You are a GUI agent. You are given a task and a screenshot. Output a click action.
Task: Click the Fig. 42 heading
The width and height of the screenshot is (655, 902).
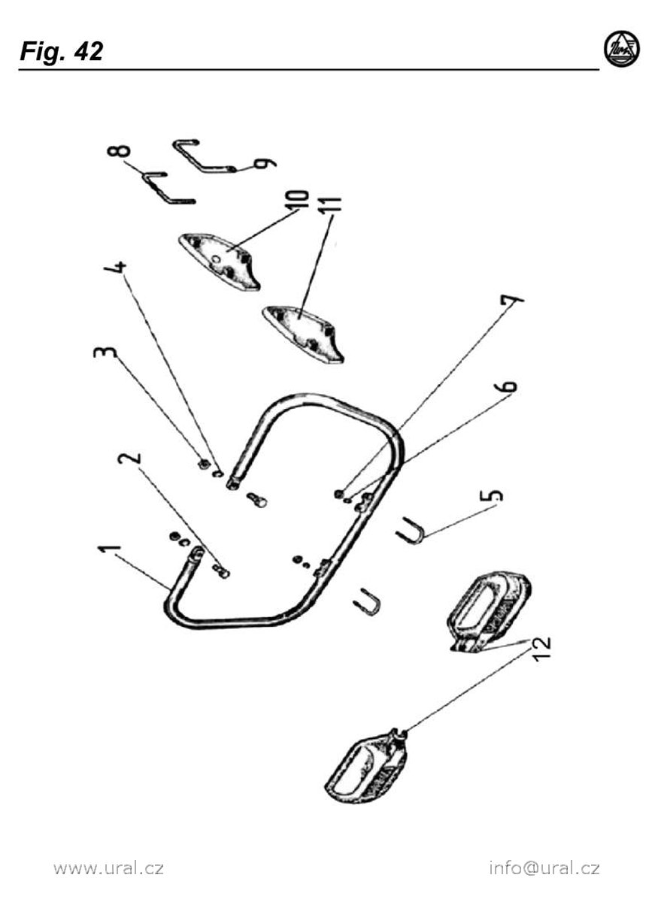click(x=61, y=52)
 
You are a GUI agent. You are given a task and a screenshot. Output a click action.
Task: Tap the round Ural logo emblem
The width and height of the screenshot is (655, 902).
click(x=622, y=49)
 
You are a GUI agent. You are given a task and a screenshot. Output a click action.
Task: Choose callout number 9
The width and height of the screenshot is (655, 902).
click(x=265, y=163)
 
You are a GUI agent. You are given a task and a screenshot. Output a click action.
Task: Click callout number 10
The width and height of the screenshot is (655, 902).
click(x=299, y=198)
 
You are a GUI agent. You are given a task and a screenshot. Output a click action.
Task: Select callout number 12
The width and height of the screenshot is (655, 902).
click(x=539, y=647)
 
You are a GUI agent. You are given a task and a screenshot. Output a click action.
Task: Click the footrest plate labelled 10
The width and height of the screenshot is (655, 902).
click(x=220, y=261)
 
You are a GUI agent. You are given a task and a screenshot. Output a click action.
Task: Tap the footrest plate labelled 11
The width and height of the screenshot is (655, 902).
click(x=302, y=334)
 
